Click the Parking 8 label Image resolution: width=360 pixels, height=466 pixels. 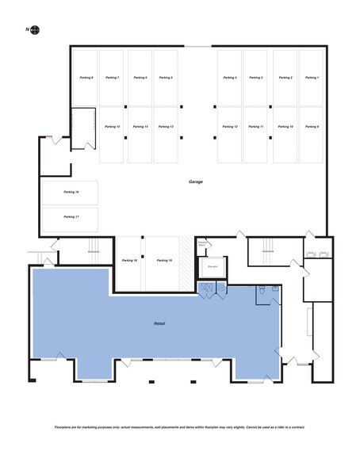(86, 78)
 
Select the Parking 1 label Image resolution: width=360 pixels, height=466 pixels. (311, 78)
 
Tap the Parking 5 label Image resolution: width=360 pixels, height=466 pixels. (166, 78)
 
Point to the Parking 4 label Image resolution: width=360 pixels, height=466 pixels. (230, 78)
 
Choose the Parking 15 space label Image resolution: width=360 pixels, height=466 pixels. (112, 127)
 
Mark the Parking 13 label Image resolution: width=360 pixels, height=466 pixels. (166, 127)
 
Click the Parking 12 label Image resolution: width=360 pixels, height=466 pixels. (230, 127)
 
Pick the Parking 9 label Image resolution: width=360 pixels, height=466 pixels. (311, 127)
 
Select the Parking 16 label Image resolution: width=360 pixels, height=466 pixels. (71, 192)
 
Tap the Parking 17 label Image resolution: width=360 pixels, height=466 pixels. (71, 216)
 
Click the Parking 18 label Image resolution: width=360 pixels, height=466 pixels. (129, 260)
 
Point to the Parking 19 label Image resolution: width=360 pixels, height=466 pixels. (164, 260)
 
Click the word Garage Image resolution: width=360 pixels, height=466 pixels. (195, 181)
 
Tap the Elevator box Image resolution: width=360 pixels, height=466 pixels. (212, 267)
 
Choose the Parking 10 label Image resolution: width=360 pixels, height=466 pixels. (285, 127)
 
